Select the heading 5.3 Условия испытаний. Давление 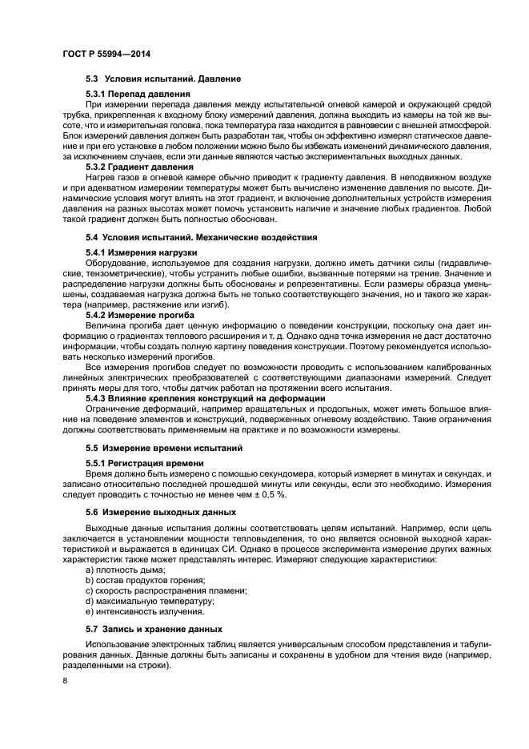pyautogui.click(x=163, y=79)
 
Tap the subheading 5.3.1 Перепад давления pyautogui.click(x=138, y=95)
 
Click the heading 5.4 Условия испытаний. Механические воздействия pyautogui.click(x=201, y=238)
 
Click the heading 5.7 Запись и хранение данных pyautogui.click(x=154, y=629)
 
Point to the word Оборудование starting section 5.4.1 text pyautogui.click(x=117, y=263)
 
